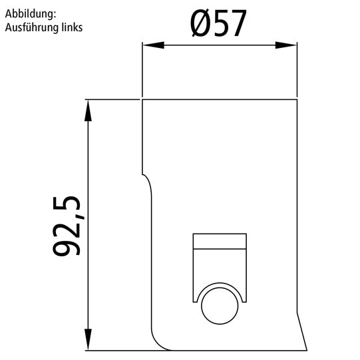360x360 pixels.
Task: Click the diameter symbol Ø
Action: click(202, 24)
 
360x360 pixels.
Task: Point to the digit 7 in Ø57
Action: click(238, 24)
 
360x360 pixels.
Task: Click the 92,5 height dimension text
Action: click(67, 226)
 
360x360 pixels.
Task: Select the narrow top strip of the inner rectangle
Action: click(220, 241)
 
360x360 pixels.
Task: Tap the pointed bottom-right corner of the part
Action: click(305, 348)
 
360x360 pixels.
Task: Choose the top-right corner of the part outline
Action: click(296, 100)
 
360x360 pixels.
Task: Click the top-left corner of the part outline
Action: click(142, 100)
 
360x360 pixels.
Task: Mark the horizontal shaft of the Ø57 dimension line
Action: click(220, 45)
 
